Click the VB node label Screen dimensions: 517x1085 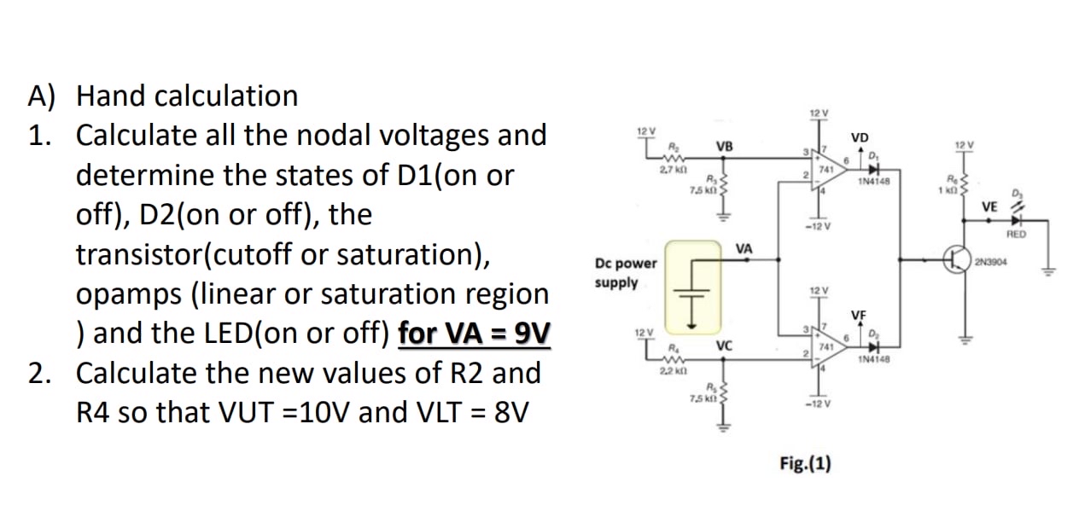coord(723,147)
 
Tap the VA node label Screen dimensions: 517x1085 coord(744,248)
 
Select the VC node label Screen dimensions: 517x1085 coord(724,346)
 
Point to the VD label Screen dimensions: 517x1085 coord(860,138)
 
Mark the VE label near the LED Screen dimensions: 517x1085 coord(989,206)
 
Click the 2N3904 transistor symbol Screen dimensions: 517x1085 coord(955,259)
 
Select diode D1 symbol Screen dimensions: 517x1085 coord(871,168)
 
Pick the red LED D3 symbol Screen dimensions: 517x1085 coord(1016,220)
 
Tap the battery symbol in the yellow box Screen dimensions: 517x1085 coord(693,286)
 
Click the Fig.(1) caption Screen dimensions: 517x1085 coord(805,463)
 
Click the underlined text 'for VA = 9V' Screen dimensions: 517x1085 coord(474,334)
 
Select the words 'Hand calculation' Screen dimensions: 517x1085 coord(187,96)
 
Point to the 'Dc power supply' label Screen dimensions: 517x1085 coord(626,273)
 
